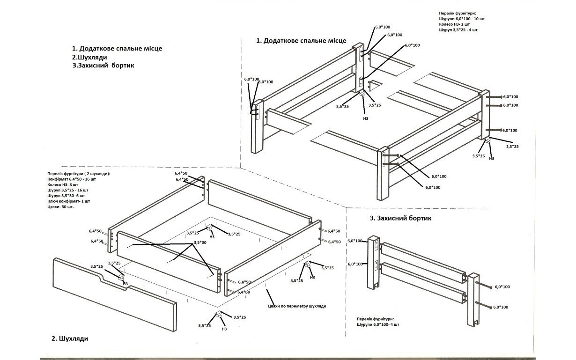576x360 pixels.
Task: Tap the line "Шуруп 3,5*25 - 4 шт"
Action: click(458, 29)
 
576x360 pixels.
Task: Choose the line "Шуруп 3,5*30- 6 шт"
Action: click(67, 196)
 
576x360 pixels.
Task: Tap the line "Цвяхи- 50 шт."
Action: click(60, 206)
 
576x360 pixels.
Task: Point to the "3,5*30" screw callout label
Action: click(200, 242)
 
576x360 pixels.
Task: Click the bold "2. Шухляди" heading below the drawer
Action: click(70, 338)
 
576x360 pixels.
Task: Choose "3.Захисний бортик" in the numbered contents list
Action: click(103, 66)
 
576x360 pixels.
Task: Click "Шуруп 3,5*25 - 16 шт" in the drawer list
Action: click(67, 190)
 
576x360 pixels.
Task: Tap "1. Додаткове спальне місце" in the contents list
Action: click(119, 48)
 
